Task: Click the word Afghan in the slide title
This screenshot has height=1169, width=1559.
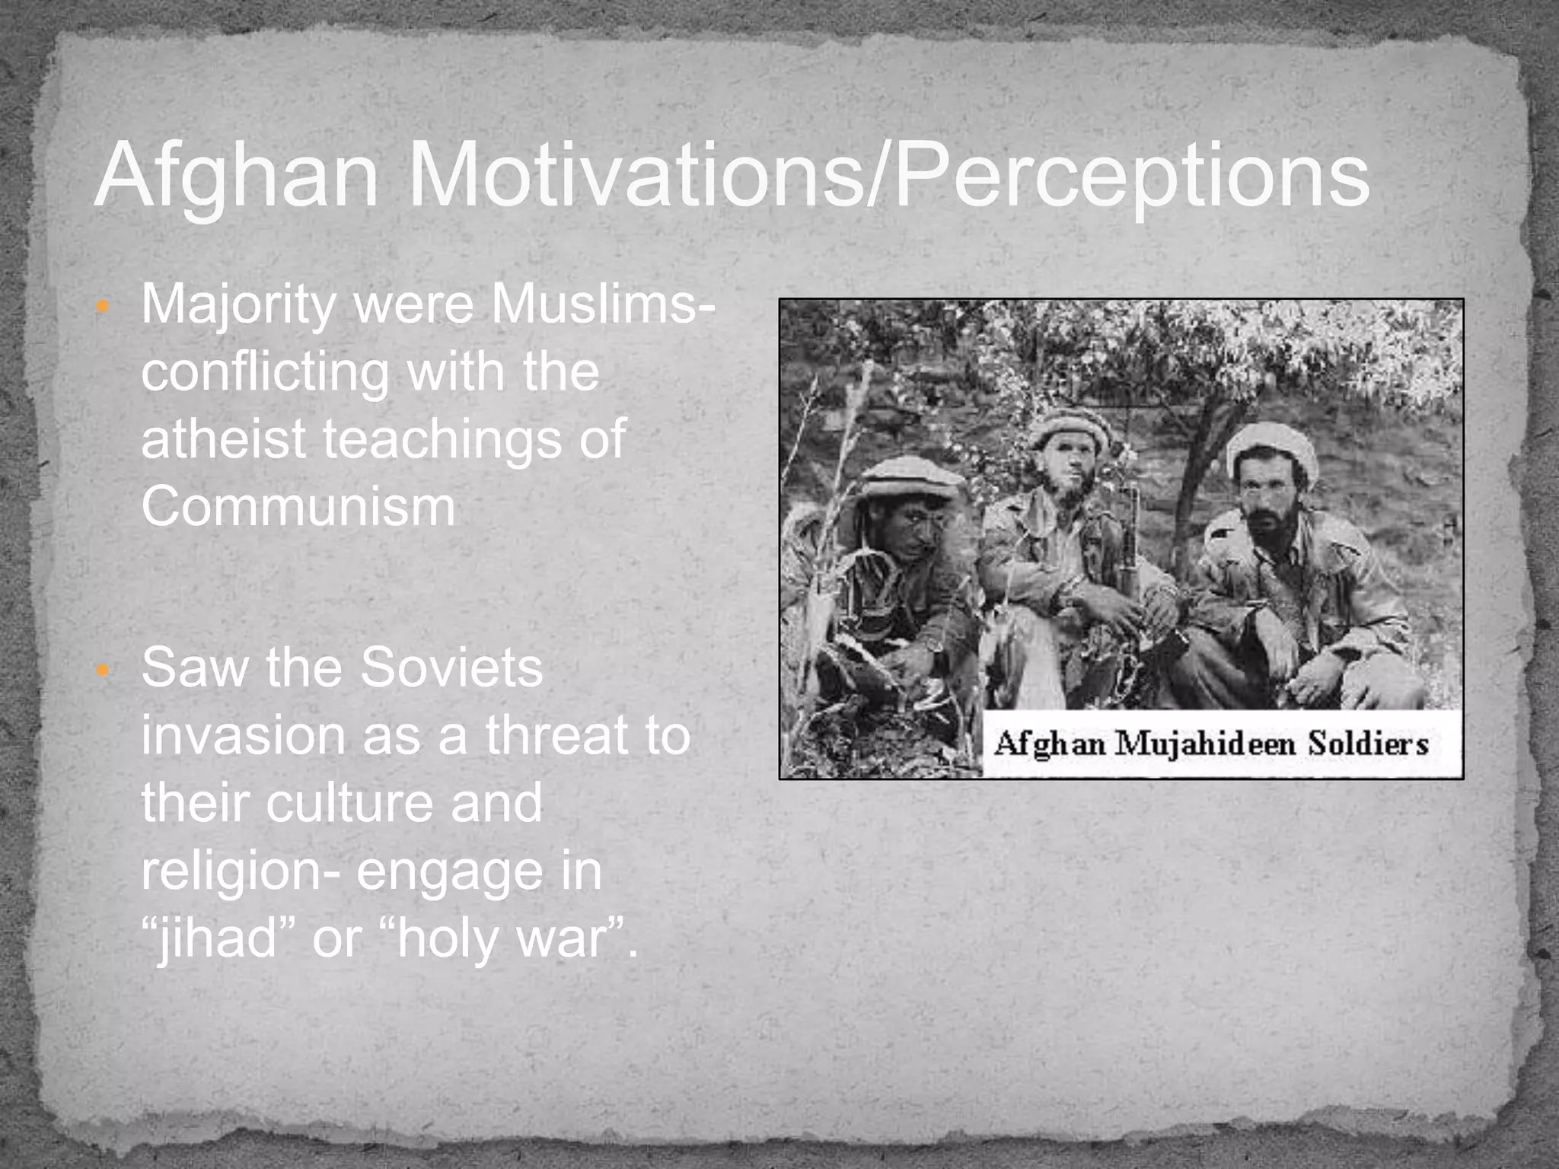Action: [x=236, y=177]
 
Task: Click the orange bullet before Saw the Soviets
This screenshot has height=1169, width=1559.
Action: [x=104, y=671]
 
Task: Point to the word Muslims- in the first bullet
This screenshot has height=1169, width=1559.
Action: [x=602, y=304]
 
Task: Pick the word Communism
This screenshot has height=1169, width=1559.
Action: [x=298, y=506]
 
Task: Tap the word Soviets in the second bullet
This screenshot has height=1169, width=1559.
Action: [x=451, y=667]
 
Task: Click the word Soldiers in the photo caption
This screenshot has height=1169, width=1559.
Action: [x=1368, y=744]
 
